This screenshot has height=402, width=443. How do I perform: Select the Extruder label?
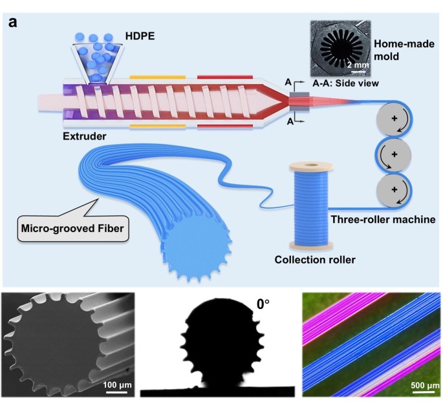84,136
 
